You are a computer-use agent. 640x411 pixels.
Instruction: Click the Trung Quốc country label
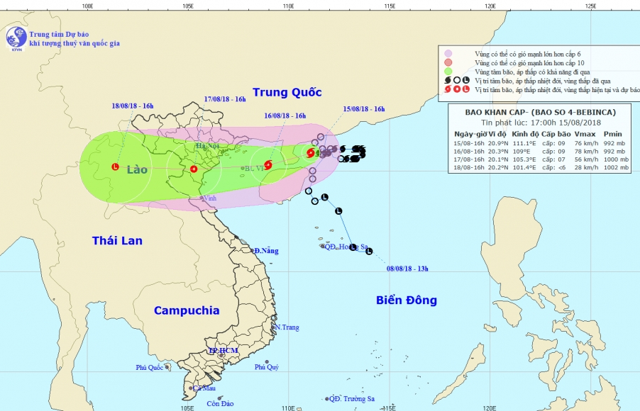287,92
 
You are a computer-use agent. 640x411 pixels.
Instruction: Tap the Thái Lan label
117,241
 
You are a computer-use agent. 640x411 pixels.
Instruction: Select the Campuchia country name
187,310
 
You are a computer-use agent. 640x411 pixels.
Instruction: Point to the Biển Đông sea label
406,300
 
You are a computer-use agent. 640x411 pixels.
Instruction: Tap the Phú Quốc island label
150,367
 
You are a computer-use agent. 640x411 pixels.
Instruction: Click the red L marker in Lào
115,167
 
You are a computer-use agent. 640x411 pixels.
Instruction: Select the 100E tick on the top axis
87,6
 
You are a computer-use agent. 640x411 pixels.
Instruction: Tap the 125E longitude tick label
590,6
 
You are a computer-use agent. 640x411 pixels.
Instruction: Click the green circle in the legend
448,72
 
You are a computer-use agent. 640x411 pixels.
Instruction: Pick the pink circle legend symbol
448,53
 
